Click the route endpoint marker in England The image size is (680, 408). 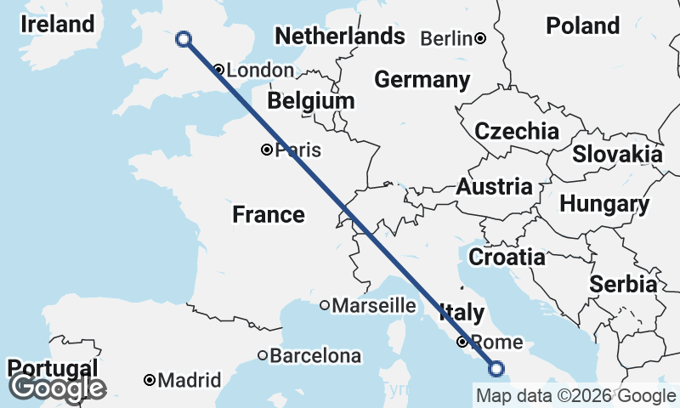tap(182, 38)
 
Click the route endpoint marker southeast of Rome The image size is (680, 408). tap(496, 368)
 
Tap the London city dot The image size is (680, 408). tap(219, 70)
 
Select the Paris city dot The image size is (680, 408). tap(267, 150)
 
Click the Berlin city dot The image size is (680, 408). tap(480, 37)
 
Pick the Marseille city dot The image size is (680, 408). tap(325, 305)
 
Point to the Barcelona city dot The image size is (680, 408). tap(263, 355)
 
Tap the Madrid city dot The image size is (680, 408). tap(150, 379)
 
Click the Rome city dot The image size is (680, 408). tap(462, 342)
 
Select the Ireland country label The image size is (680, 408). tap(57, 24)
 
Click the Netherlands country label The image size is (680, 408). tap(340, 37)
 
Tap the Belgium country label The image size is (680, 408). tap(310, 101)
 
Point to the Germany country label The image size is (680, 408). tap(422, 80)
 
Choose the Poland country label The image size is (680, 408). tap(582, 25)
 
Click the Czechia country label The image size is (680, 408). tap(517, 131)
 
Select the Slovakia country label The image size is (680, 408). tap(617, 154)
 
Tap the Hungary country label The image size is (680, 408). tap(604, 204)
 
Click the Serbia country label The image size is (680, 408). tap(624, 283)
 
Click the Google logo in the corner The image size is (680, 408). tap(57, 388)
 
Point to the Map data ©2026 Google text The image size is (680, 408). tap(575, 395)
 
